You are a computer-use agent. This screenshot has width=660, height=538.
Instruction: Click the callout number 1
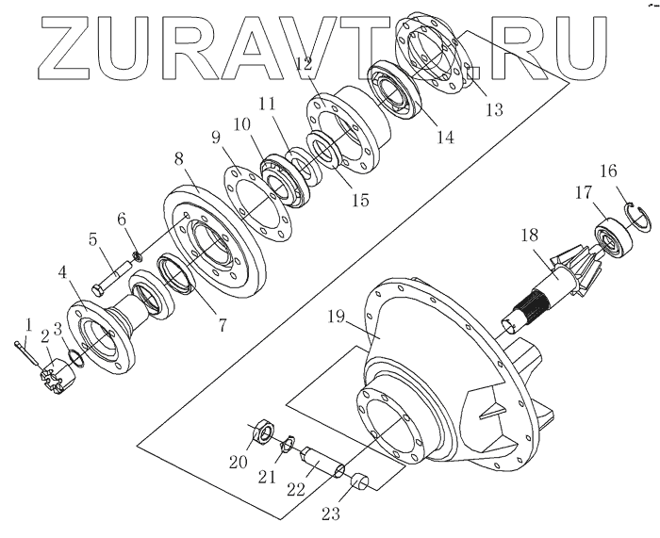coord(27,325)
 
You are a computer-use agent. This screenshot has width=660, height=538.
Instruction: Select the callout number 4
coord(64,273)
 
